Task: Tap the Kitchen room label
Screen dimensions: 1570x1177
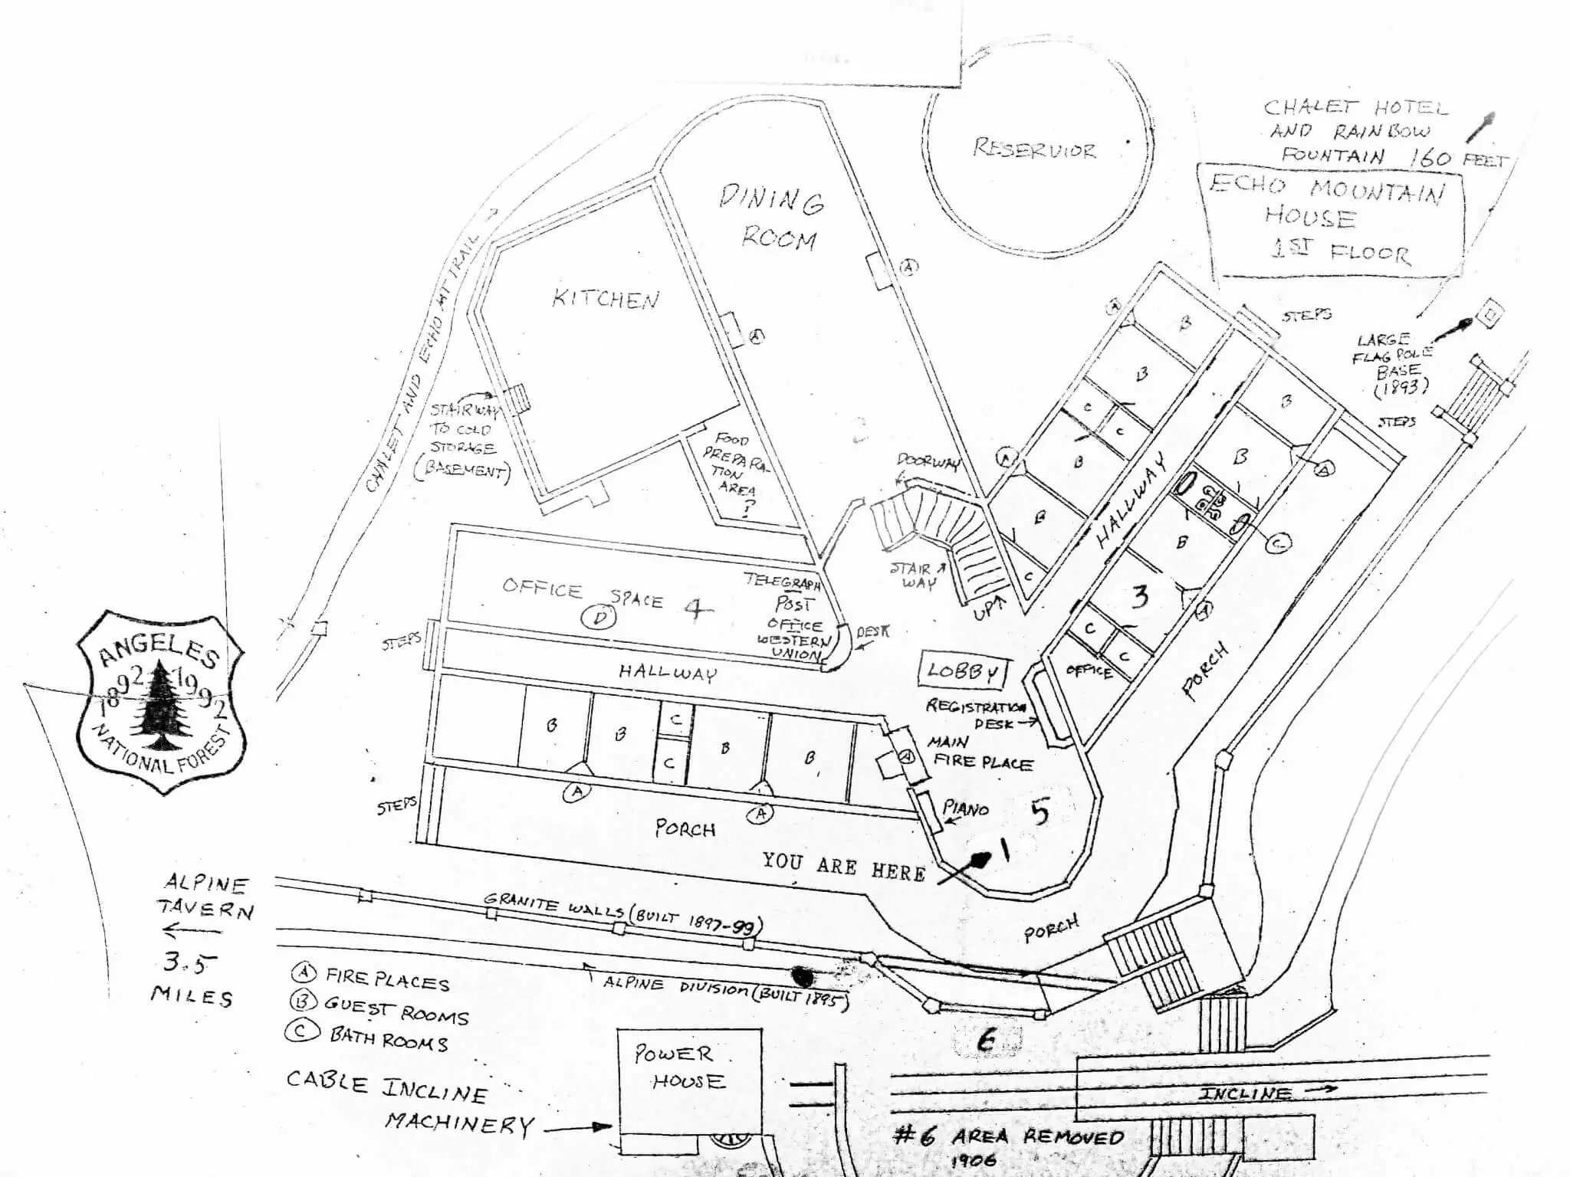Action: pos(605,299)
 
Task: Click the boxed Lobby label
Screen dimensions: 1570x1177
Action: pos(964,671)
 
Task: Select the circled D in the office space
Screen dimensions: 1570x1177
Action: pos(599,618)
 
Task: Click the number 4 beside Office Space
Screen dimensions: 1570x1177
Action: pos(697,610)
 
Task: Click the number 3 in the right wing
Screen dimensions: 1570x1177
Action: pos(1140,596)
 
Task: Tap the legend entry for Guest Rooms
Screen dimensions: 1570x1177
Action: pos(379,1009)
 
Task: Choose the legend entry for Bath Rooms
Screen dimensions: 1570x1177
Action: pos(368,1037)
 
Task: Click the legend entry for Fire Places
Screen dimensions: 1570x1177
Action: pos(372,979)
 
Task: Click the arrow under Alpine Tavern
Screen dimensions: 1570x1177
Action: pos(192,932)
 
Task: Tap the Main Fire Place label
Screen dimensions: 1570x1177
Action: pos(980,752)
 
